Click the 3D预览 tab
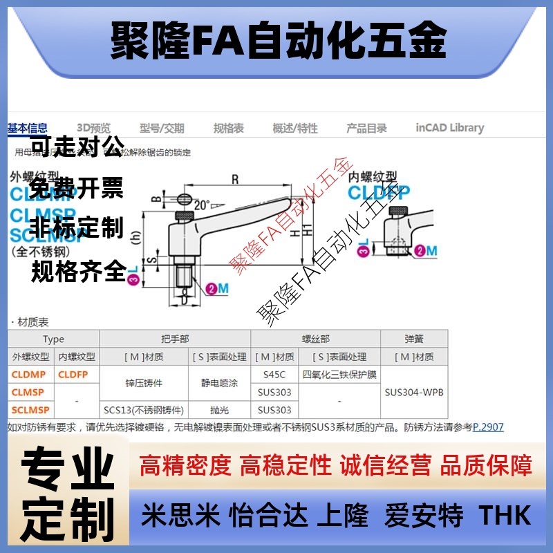pos(93,128)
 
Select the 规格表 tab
pos(228,128)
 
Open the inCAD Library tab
pos(449,128)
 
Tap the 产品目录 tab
pos(366,128)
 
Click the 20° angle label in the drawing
pos(201,205)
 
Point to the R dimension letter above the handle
pos(235,180)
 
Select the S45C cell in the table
pos(274,375)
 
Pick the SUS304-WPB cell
pos(414,392)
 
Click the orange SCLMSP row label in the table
pos(30,409)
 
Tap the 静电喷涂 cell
pos(219,383)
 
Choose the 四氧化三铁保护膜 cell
pos(339,375)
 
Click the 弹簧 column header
pos(414,339)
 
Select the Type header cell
pos(53,339)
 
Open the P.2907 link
pos(488,427)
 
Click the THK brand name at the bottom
pos(505,515)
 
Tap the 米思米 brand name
pos(180,515)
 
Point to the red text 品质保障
pos(487,465)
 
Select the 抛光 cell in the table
pos(219,409)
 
